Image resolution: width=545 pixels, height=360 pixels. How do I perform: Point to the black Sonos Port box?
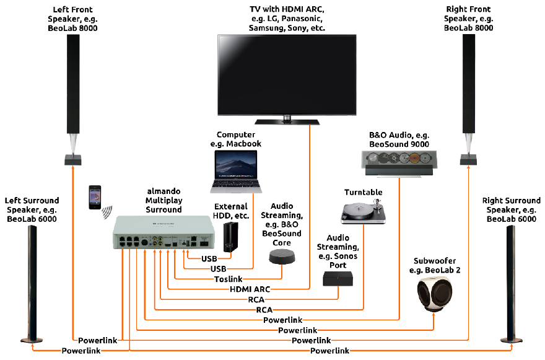click(337, 279)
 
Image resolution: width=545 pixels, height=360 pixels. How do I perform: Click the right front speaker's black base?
click(468, 159)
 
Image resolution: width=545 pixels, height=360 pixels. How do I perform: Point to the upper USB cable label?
click(209, 258)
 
